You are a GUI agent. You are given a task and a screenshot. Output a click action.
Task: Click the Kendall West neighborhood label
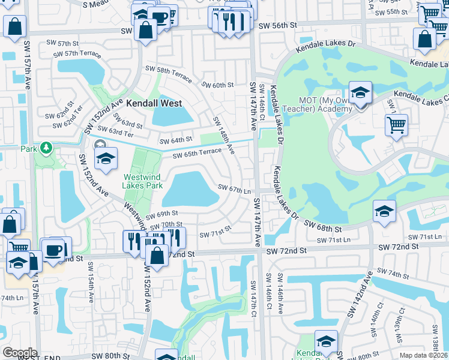click(x=154, y=103)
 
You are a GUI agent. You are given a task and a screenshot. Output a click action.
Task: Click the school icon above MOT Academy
click(x=360, y=93)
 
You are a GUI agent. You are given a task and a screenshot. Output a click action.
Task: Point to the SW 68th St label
click(x=323, y=226)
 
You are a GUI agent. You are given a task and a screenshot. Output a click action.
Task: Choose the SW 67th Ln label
click(x=234, y=190)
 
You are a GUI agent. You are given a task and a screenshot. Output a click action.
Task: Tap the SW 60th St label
click(x=217, y=85)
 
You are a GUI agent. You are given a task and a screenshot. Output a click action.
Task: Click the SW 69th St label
click(x=163, y=213)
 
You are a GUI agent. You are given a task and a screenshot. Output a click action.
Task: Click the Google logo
click(x=19, y=353)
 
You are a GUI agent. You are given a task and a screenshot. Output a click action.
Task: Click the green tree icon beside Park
click(x=46, y=148)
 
